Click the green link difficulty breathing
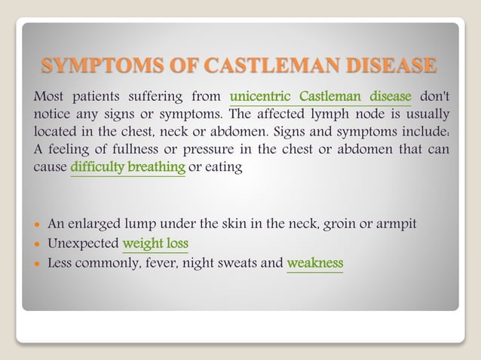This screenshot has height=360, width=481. (x=128, y=166)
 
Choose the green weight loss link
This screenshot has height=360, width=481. (x=155, y=243)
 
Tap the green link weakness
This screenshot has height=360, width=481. (x=314, y=264)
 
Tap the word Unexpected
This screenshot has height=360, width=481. (x=83, y=243)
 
